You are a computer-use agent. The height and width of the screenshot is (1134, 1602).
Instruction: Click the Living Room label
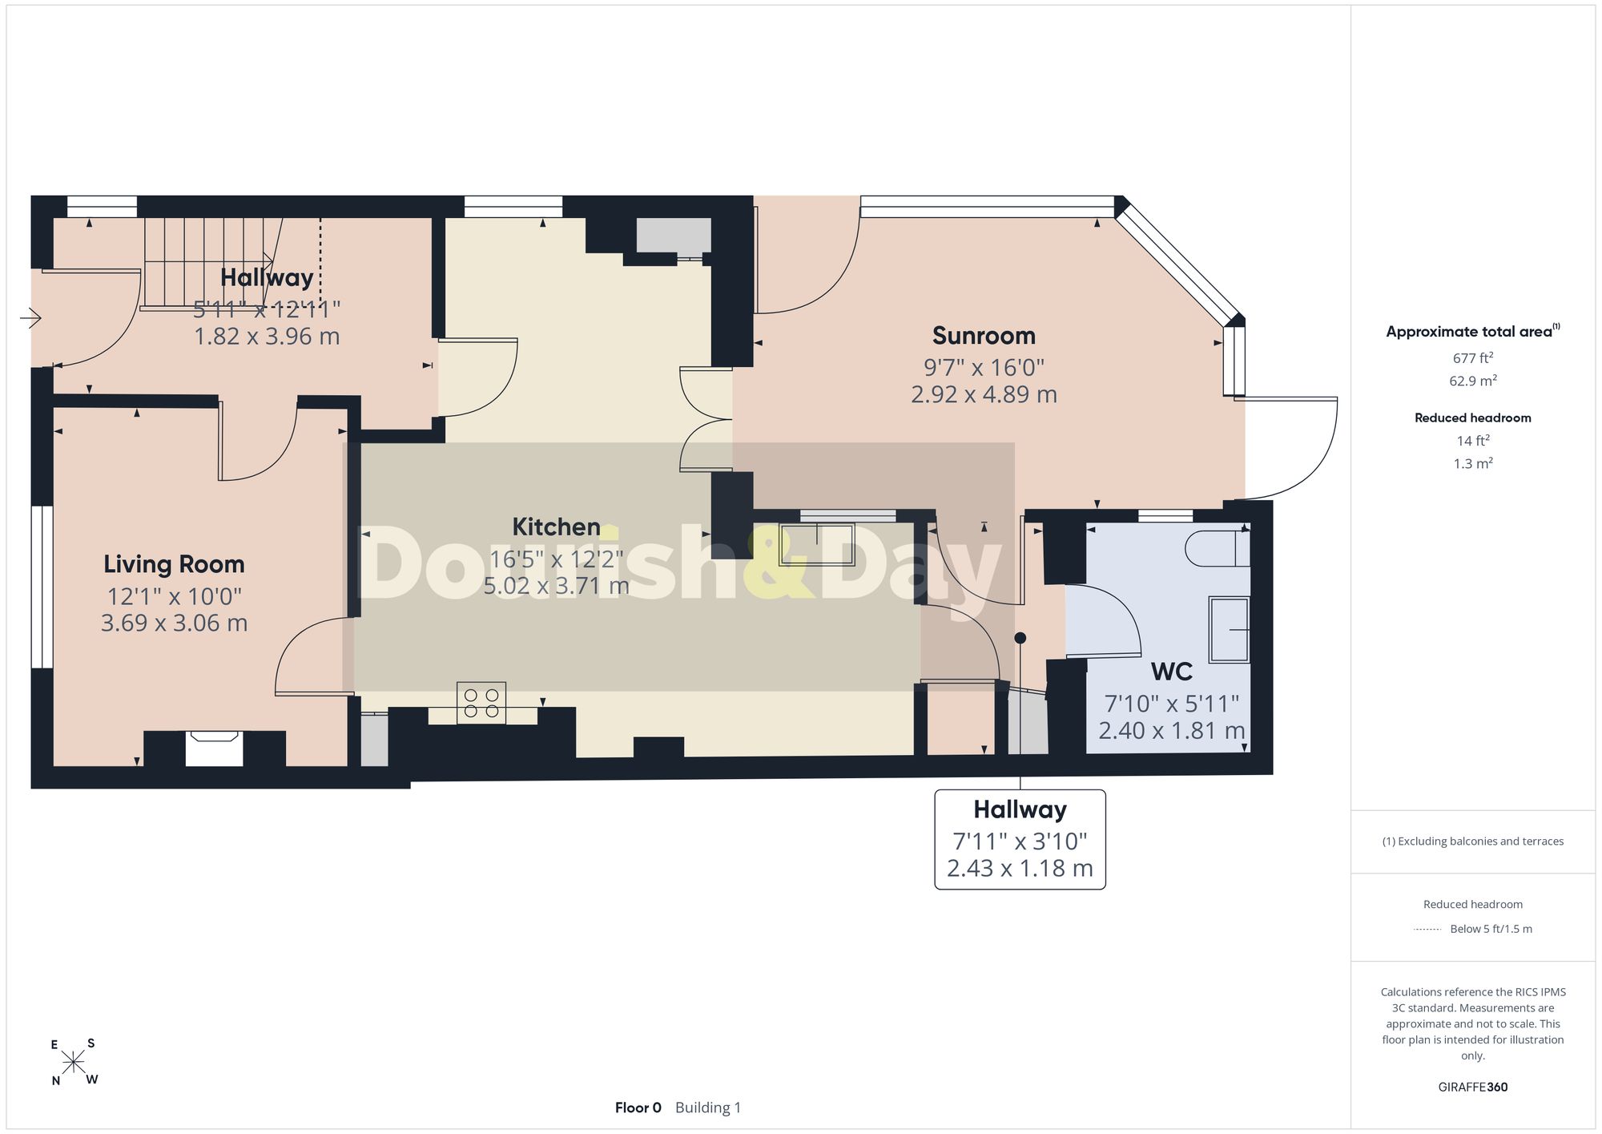(174, 564)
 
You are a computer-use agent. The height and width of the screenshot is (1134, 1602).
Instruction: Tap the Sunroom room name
(984, 336)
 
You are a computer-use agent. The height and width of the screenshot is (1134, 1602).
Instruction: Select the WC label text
(1172, 672)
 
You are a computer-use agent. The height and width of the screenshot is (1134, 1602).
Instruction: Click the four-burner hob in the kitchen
(481, 703)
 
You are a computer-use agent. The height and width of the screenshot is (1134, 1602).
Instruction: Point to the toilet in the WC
(1217, 548)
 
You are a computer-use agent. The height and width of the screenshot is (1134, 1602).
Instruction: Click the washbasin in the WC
(1229, 630)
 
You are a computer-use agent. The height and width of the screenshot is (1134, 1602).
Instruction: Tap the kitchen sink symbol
(817, 544)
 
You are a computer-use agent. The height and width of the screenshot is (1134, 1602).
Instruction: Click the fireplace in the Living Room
(214, 749)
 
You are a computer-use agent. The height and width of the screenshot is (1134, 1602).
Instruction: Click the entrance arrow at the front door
(30, 319)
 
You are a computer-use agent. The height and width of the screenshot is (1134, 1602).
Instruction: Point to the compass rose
(74, 1063)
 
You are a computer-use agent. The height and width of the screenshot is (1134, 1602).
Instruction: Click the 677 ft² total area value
(1473, 358)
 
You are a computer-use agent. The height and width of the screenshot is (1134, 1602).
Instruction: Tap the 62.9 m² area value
(1473, 381)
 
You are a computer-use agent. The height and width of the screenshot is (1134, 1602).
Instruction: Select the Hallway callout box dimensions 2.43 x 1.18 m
(1020, 869)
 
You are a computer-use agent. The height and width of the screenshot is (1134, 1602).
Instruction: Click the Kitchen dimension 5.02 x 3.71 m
(556, 586)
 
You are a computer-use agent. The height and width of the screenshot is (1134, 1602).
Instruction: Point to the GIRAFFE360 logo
(1473, 1088)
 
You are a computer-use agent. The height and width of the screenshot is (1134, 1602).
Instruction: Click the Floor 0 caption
(638, 1108)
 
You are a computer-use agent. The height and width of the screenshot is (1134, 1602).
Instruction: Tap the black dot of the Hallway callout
(1020, 639)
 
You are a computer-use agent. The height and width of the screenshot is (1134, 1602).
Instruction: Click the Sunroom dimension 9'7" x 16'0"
(984, 368)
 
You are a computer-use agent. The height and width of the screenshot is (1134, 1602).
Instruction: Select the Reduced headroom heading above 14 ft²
(1473, 418)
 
